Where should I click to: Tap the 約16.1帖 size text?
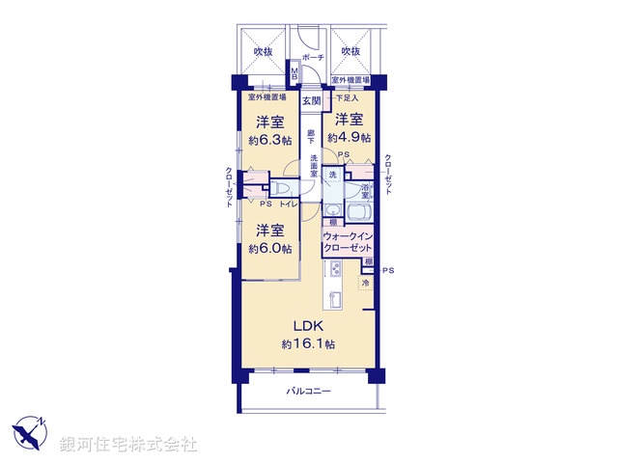(301, 343)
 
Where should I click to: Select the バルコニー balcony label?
(308, 391)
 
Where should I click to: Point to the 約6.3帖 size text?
(269, 139)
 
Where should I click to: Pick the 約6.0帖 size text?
(269, 248)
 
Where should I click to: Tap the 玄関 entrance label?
(311, 100)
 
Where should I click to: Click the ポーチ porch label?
(312, 58)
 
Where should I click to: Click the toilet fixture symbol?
(281, 188)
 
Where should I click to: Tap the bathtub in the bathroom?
(359, 212)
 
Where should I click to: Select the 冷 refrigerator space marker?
(366, 284)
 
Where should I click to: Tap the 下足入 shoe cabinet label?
(347, 97)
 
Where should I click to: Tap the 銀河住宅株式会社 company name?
(128, 444)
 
